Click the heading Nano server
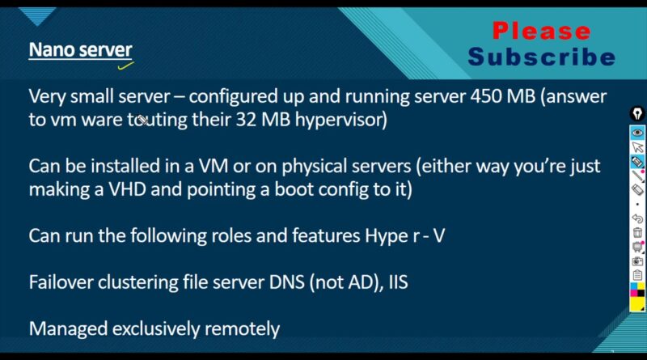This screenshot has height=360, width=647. point(80,50)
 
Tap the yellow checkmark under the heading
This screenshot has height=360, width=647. point(125,66)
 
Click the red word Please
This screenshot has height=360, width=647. point(541,32)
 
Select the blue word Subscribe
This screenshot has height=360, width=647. point(541,57)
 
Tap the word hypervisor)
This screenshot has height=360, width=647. point(341,121)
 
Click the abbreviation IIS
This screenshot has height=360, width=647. point(398,283)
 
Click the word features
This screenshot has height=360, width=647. point(326,236)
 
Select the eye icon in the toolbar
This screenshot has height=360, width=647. point(637,133)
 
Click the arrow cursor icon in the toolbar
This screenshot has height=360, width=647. point(637,147)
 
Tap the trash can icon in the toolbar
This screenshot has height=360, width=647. point(637,233)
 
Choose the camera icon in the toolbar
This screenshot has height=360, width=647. point(637,261)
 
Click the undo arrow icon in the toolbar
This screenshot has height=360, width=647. point(637,218)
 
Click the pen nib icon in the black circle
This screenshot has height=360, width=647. point(637,113)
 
